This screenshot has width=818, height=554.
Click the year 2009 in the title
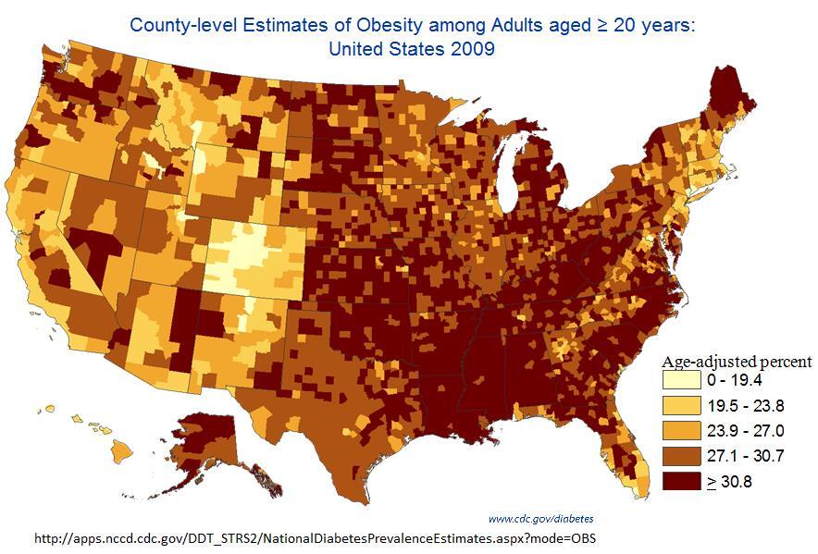coord(467,47)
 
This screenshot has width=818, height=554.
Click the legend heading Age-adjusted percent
coord(737,362)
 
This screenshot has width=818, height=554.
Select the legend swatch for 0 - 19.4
coord(680,380)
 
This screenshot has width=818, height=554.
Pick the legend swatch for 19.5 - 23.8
coord(680,405)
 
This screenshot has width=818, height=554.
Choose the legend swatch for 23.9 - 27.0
coord(680,430)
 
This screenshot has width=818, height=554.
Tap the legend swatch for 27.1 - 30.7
coord(680,455)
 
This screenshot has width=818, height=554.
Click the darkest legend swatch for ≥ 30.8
coord(680,481)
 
